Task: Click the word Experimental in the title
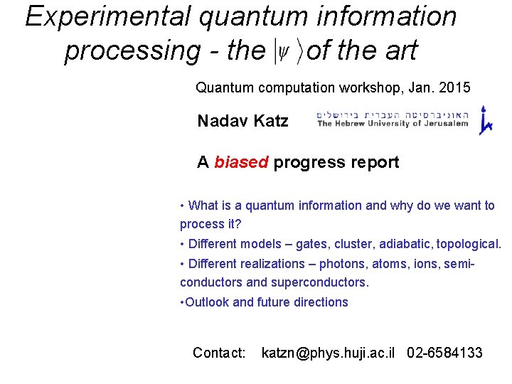109,17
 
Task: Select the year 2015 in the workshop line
454,88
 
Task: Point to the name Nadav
222,122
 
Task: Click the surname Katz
270,122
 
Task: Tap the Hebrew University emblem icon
486,120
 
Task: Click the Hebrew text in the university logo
393,112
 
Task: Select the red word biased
241,163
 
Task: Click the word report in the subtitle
370,163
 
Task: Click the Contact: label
219,353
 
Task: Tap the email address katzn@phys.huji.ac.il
328,353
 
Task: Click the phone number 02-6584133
444,353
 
